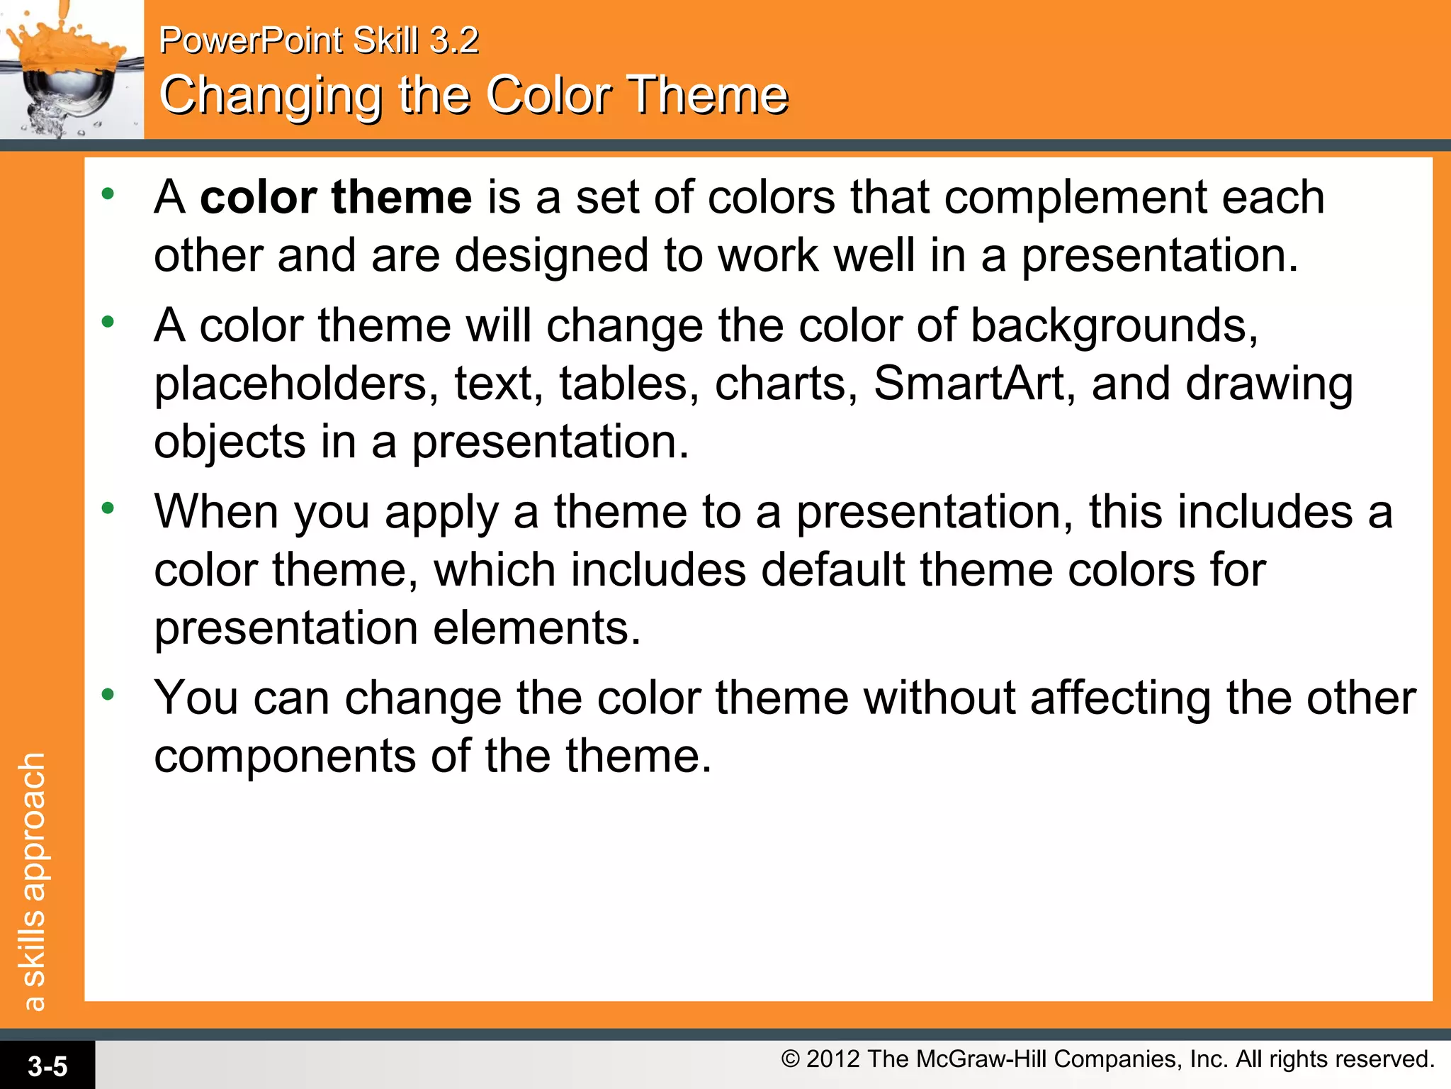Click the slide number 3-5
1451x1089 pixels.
47,1066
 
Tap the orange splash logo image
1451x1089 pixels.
71,69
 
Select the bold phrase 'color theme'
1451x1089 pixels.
336,197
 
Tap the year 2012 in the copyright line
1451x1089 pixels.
833,1059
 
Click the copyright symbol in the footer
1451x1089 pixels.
790,1059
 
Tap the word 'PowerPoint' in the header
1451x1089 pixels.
251,40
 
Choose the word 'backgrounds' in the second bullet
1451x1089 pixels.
1113,326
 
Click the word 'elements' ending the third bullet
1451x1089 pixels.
536,628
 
